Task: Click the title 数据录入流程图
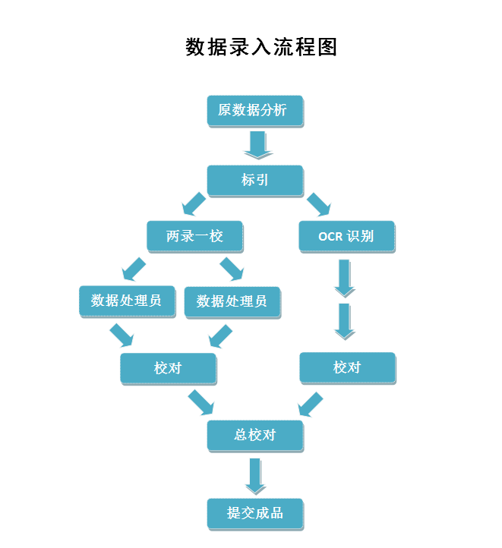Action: (261, 47)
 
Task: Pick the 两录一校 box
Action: (194, 236)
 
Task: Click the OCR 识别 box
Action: (346, 236)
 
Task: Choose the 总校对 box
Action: (255, 436)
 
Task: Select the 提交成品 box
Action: (255, 513)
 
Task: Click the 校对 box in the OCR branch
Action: (347, 367)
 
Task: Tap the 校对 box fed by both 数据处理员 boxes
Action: (168, 368)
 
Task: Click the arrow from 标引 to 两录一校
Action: (194, 203)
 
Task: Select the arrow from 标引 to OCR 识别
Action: (318, 203)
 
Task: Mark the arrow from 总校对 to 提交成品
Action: (256, 476)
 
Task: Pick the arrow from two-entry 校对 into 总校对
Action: (201, 402)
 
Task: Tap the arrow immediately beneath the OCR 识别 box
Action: (345, 278)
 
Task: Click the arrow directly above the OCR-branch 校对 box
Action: (345, 321)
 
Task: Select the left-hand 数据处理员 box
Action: (126, 301)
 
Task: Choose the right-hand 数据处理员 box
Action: (232, 301)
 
